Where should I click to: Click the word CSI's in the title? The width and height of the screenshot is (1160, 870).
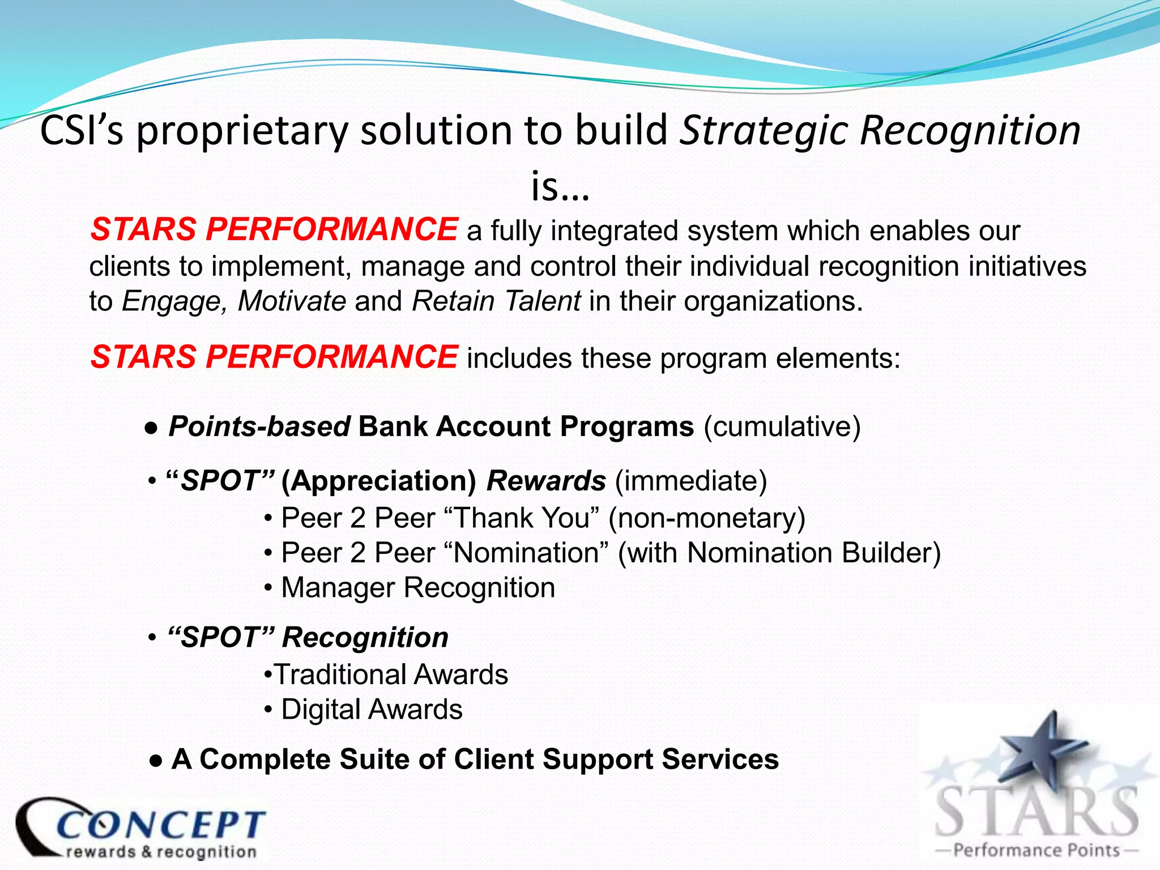[82, 131]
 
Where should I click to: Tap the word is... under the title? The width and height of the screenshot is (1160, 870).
[560, 187]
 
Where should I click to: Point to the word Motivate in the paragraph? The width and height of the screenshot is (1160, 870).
[292, 301]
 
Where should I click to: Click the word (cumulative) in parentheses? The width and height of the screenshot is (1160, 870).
[782, 427]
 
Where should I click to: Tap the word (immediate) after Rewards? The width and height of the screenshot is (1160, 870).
[690, 481]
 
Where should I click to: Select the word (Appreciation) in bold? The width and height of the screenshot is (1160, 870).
[379, 481]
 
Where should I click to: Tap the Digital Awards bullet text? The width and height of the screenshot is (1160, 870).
[372, 710]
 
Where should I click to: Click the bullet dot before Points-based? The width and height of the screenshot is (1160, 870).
[151, 428]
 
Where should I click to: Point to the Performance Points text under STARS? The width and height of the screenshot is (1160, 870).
[1036, 850]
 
